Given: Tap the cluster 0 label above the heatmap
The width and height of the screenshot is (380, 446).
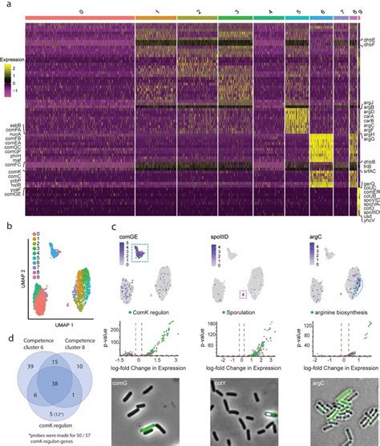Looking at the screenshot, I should (80, 13).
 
